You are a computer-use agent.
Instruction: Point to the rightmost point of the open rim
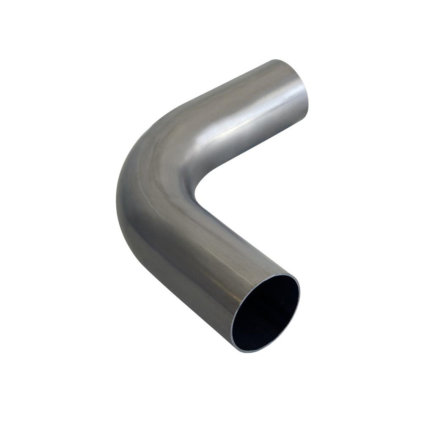[x=300, y=292]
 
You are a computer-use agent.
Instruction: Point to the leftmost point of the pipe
[x=116, y=195]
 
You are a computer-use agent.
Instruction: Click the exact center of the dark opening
[x=266, y=313]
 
